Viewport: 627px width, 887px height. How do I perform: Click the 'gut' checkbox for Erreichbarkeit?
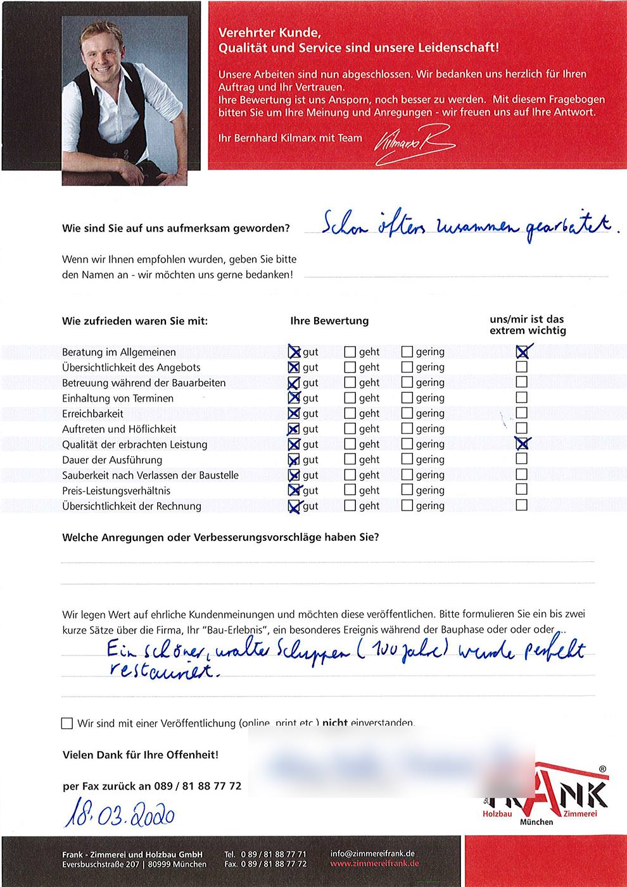[x=294, y=414]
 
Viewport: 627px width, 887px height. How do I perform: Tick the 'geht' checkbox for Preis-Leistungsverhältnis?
[x=350, y=490]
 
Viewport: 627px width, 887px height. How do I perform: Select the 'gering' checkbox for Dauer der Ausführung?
[x=407, y=460]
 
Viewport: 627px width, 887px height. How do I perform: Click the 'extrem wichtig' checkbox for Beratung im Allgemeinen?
[x=522, y=351]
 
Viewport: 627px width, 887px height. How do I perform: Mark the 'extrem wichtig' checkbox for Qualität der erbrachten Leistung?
[x=522, y=443]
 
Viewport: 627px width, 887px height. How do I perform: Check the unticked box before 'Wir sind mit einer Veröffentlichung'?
[x=67, y=723]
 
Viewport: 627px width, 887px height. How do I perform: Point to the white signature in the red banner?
[x=414, y=145]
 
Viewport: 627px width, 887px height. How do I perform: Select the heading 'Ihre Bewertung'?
[x=329, y=321]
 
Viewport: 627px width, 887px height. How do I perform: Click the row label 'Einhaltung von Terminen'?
[x=118, y=398]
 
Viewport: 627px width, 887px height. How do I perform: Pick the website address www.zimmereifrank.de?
[x=374, y=864]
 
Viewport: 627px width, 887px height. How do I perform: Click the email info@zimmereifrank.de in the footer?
[x=372, y=853]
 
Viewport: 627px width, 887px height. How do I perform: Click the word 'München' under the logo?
[x=536, y=822]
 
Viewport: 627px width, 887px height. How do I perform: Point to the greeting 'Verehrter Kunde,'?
[x=270, y=33]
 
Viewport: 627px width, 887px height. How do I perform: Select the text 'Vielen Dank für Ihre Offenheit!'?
[x=141, y=755]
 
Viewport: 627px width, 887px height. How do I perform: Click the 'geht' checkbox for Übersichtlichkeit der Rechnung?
[x=350, y=506]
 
